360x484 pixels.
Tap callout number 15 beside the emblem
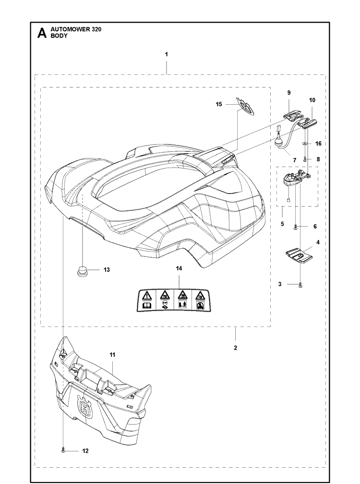[x=219, y=104]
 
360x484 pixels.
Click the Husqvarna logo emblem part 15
[x=246, y=107]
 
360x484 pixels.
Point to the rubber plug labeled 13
[x=82, y=271]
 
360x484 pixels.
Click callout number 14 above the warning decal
[x=179, y=268]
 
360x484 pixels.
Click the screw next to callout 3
[x=300, y=286]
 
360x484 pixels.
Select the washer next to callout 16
[x=304, y=144]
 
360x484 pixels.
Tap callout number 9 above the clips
[x=289, y=92]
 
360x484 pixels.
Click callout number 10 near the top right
[x=312, y=100]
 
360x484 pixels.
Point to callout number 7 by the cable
[x=295, y=160]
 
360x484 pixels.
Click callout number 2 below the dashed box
[x=235, y=348]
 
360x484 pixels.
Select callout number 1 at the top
[x=166, y=54]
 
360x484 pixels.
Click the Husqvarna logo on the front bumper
[x=85, y=407]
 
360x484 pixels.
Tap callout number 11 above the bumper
[x=112, y=355]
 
